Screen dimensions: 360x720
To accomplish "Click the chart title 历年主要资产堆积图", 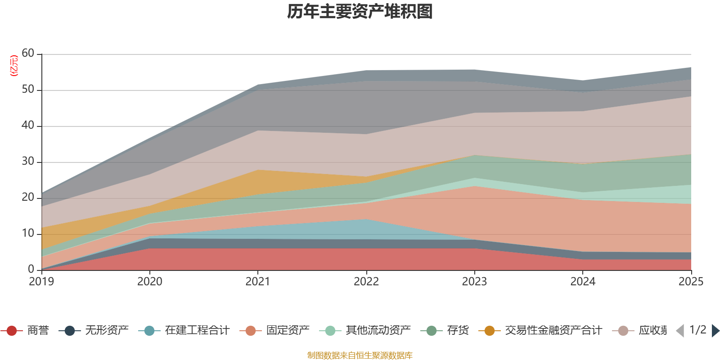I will pyautogui.click(x=360, y=12).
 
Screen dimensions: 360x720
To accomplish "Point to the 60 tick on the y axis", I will pyautogui.click(x=28, y=54).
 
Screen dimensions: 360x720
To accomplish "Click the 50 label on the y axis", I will pyautogui.click(x=28, y=90).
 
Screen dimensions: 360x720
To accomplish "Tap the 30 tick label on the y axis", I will pyautogui.click(x=28, y=162).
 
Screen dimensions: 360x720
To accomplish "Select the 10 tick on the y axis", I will pyautogui.click(x=28, y=234).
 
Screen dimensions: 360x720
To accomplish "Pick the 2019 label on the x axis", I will pyautogui.click(x=41, y=282).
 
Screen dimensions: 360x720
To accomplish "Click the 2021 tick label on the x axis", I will pyautogui.click(x=258, y=282).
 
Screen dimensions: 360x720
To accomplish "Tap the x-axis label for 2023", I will pyautogui.click(x=474, y=282).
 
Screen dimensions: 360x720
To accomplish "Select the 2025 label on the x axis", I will pyautogui.click(x=690, y=282).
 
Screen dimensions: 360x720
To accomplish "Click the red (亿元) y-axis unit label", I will pyautogui.click(x=14, y=66).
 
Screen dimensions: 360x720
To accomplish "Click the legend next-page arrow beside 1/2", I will pyautogui.click(x=715, y=331).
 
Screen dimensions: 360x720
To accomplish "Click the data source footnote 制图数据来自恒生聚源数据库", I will pyautogui.click(x=360, y=355).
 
